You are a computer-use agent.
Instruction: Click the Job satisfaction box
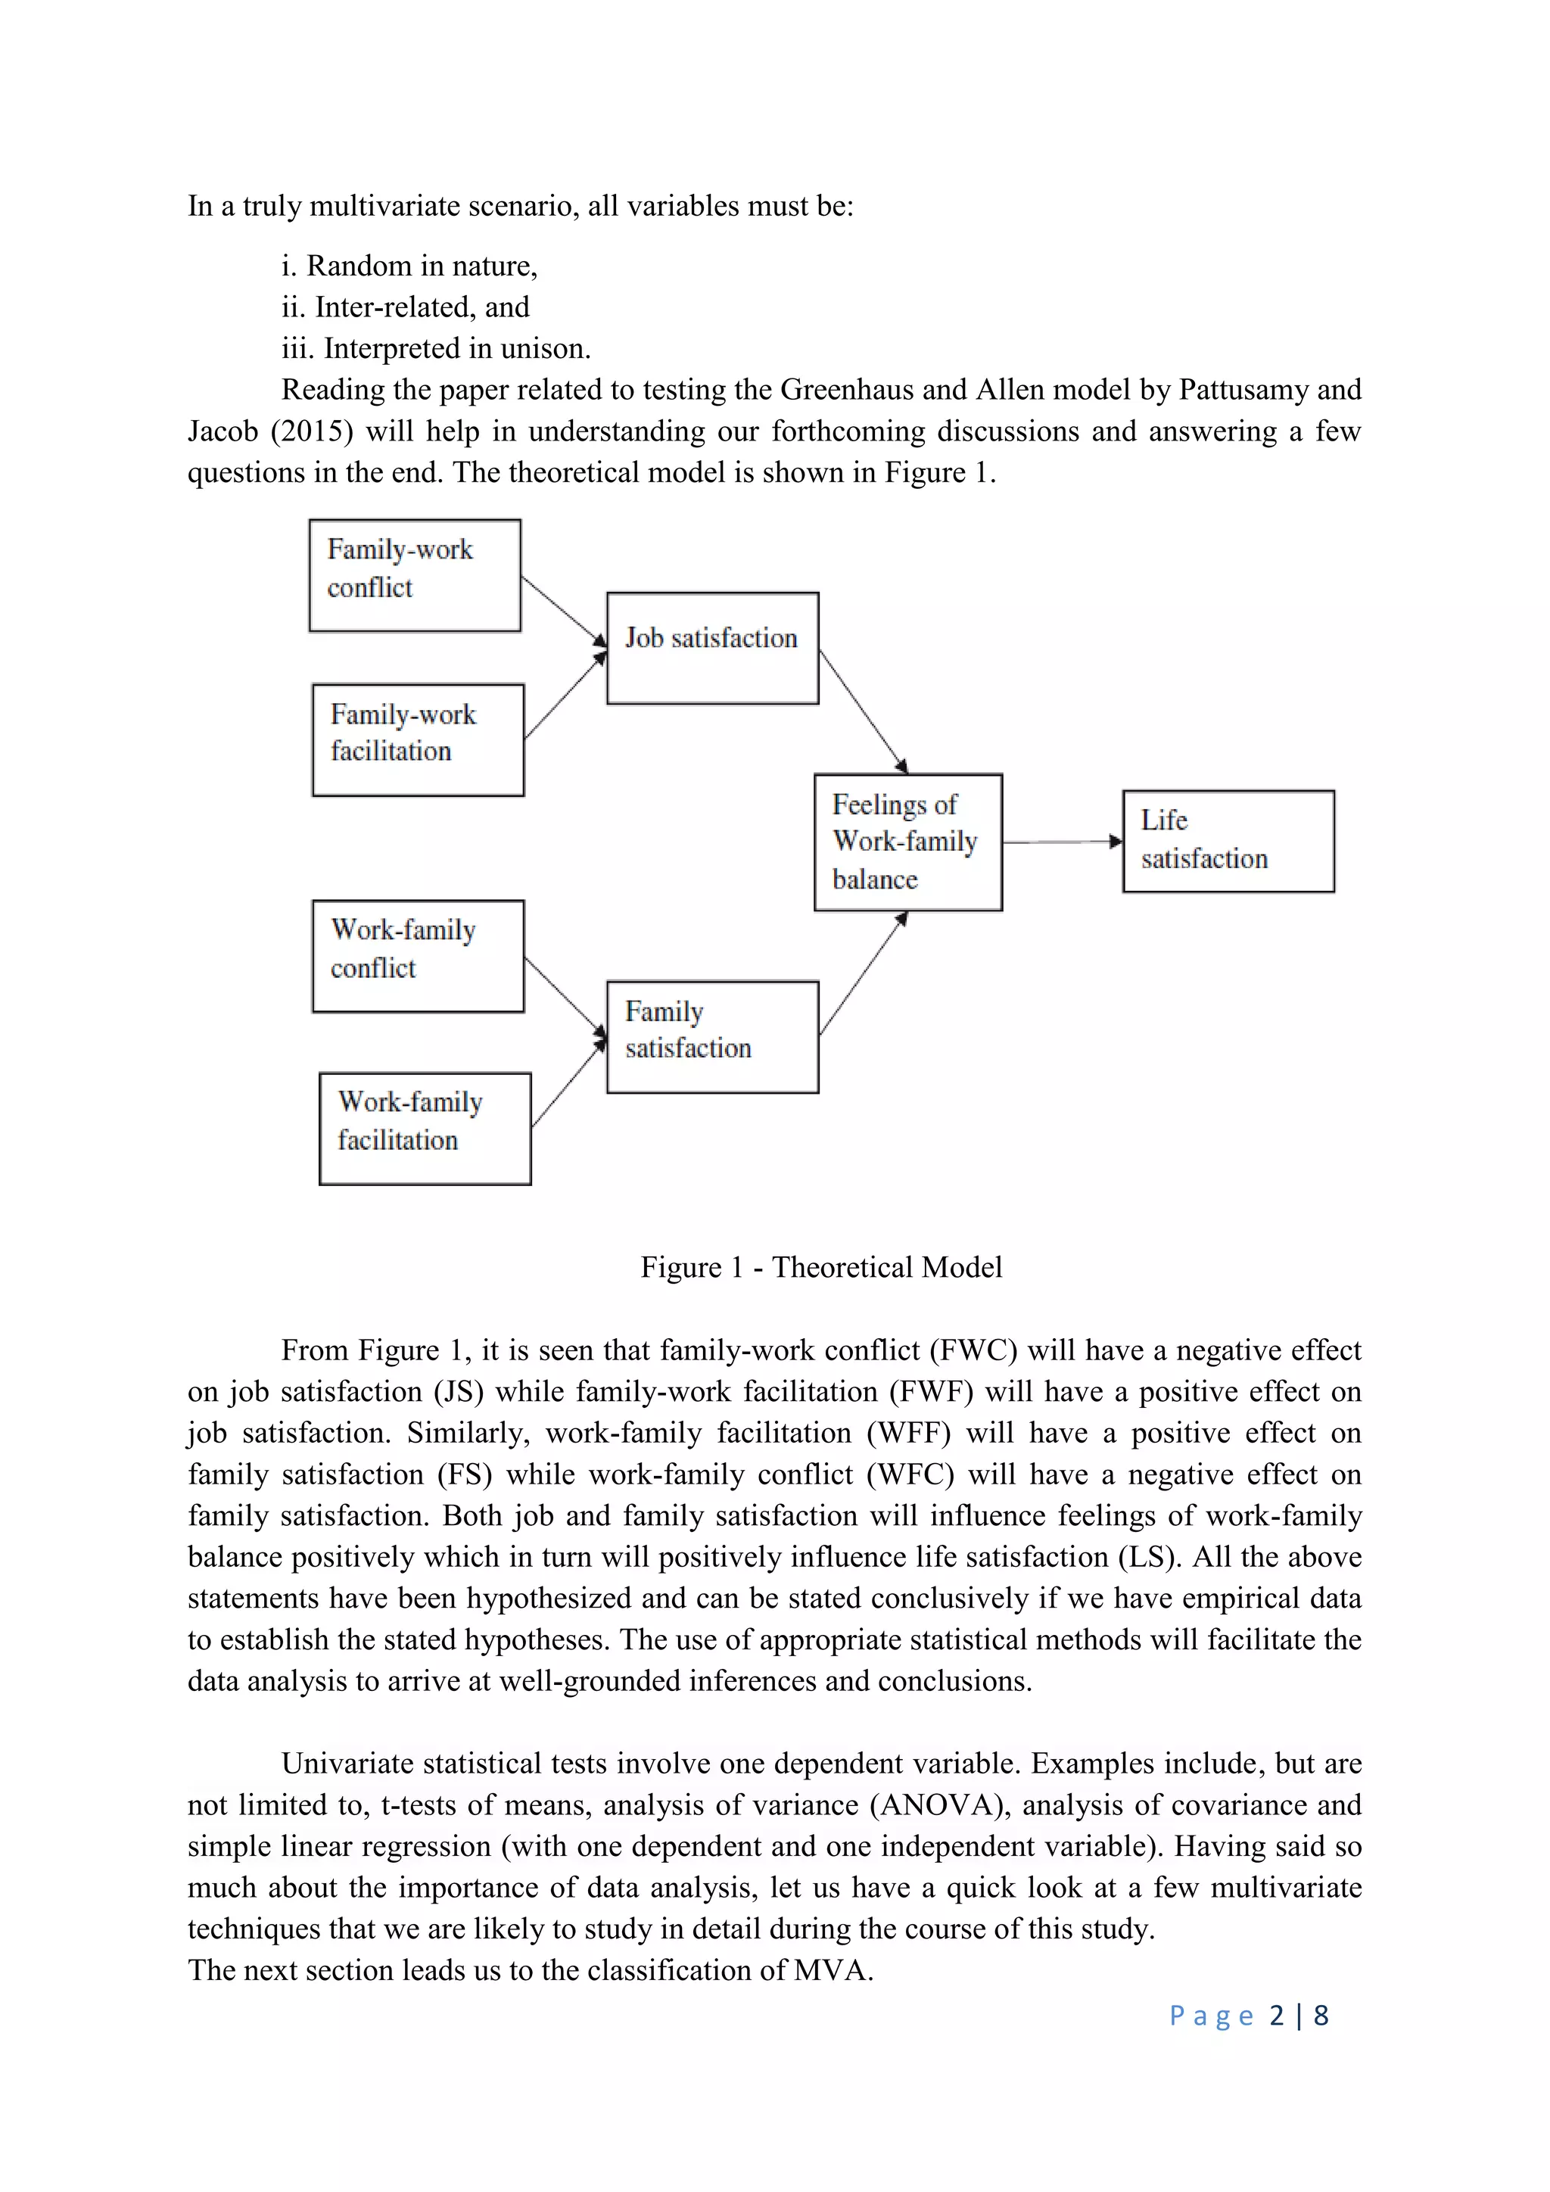[712, 648]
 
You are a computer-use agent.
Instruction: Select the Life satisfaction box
[1228, 841]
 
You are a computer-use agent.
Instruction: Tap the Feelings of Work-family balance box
[907, 842]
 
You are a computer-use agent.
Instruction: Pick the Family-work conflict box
[414, 576]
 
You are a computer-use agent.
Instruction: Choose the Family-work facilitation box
[417, 740]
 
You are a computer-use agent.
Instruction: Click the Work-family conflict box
[417, 956]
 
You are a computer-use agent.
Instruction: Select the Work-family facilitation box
[424, 1129]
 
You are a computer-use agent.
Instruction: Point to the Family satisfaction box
[712, 1037]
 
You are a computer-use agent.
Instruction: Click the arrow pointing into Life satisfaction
[1061, 842]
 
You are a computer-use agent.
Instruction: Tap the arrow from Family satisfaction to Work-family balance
[863, 974]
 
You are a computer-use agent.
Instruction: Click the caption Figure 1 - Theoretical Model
[821, 1267]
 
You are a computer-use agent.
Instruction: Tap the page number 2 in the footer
[1276, 2016]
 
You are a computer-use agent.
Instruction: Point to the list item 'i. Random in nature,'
[409, 266]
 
